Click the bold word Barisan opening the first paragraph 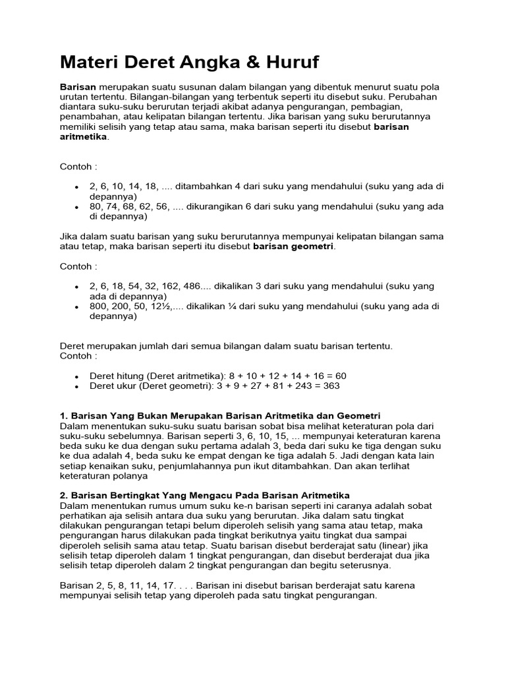[78, 88]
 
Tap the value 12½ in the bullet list [160, 307]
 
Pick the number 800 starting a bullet [99, 307]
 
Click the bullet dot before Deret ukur [77, 386]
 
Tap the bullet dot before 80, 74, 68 [77, 207]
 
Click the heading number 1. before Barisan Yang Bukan [64, 416]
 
